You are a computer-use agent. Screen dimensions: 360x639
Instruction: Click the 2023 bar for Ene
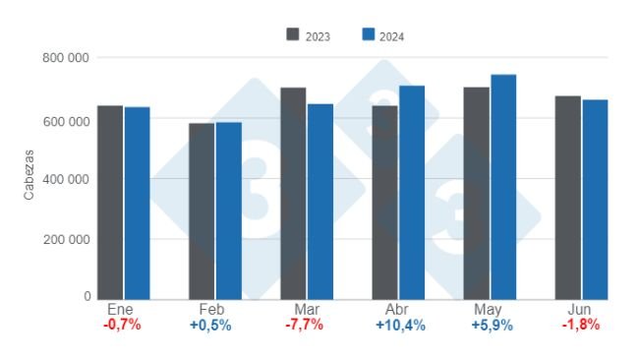(110, 202)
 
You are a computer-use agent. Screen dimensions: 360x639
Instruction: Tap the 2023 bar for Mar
(293, 193)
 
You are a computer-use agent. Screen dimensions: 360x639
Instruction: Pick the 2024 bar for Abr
(411, 192)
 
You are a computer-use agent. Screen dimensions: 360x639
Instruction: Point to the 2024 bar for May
(503, 187)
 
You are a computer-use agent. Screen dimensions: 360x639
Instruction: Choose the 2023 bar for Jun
(567, 197)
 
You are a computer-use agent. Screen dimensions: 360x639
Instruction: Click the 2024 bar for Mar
(320, 201)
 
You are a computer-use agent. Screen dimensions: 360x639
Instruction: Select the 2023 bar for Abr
(384, 202)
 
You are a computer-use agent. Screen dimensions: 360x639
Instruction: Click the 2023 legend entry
(308, 36)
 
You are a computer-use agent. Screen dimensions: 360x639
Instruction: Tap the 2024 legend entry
(383, 36)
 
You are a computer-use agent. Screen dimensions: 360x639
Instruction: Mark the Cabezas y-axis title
(29, 178)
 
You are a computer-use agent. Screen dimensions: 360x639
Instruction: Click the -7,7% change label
(307, 326)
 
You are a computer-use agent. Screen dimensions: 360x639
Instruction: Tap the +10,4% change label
(400, 326)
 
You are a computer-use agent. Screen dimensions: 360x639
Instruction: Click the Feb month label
(213, 309)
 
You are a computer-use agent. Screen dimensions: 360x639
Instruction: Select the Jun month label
(581, 309)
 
